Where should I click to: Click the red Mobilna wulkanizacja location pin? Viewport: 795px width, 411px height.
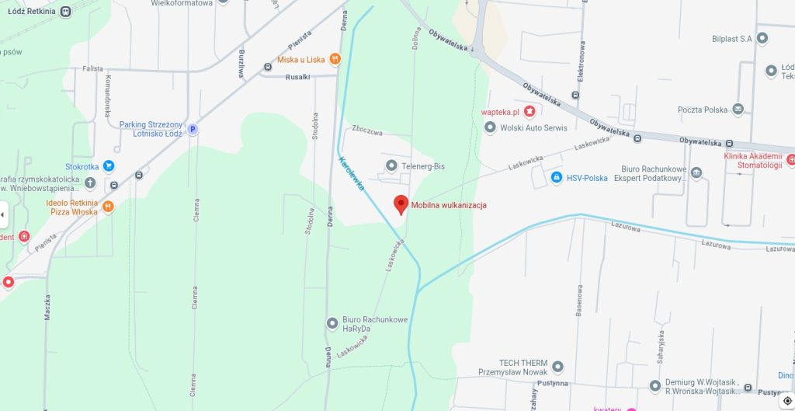(401, 204)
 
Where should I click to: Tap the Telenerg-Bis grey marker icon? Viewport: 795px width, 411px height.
(391, 165)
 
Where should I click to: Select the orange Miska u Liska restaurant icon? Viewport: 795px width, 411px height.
(335, 59)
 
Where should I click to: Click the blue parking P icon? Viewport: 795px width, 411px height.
(193, 130)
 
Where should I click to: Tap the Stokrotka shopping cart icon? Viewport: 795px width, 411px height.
(109, 165)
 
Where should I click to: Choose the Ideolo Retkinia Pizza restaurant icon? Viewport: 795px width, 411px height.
(109, 207)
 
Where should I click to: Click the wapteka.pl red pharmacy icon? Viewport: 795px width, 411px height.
(529, 111)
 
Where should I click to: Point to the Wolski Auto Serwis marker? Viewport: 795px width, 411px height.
(490, 127)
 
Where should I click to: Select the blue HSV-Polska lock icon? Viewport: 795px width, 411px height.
(556, 178)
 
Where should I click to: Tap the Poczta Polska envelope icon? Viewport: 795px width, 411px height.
(738, 110)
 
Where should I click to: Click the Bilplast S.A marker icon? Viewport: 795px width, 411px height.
(762, 38)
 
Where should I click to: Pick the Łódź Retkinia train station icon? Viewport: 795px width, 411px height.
(65, 11)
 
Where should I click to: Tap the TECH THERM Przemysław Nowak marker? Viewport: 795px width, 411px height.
(557, 367)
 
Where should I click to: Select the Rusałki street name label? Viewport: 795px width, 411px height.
(298, 76)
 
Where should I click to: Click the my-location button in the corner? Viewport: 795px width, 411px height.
(787, 401)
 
